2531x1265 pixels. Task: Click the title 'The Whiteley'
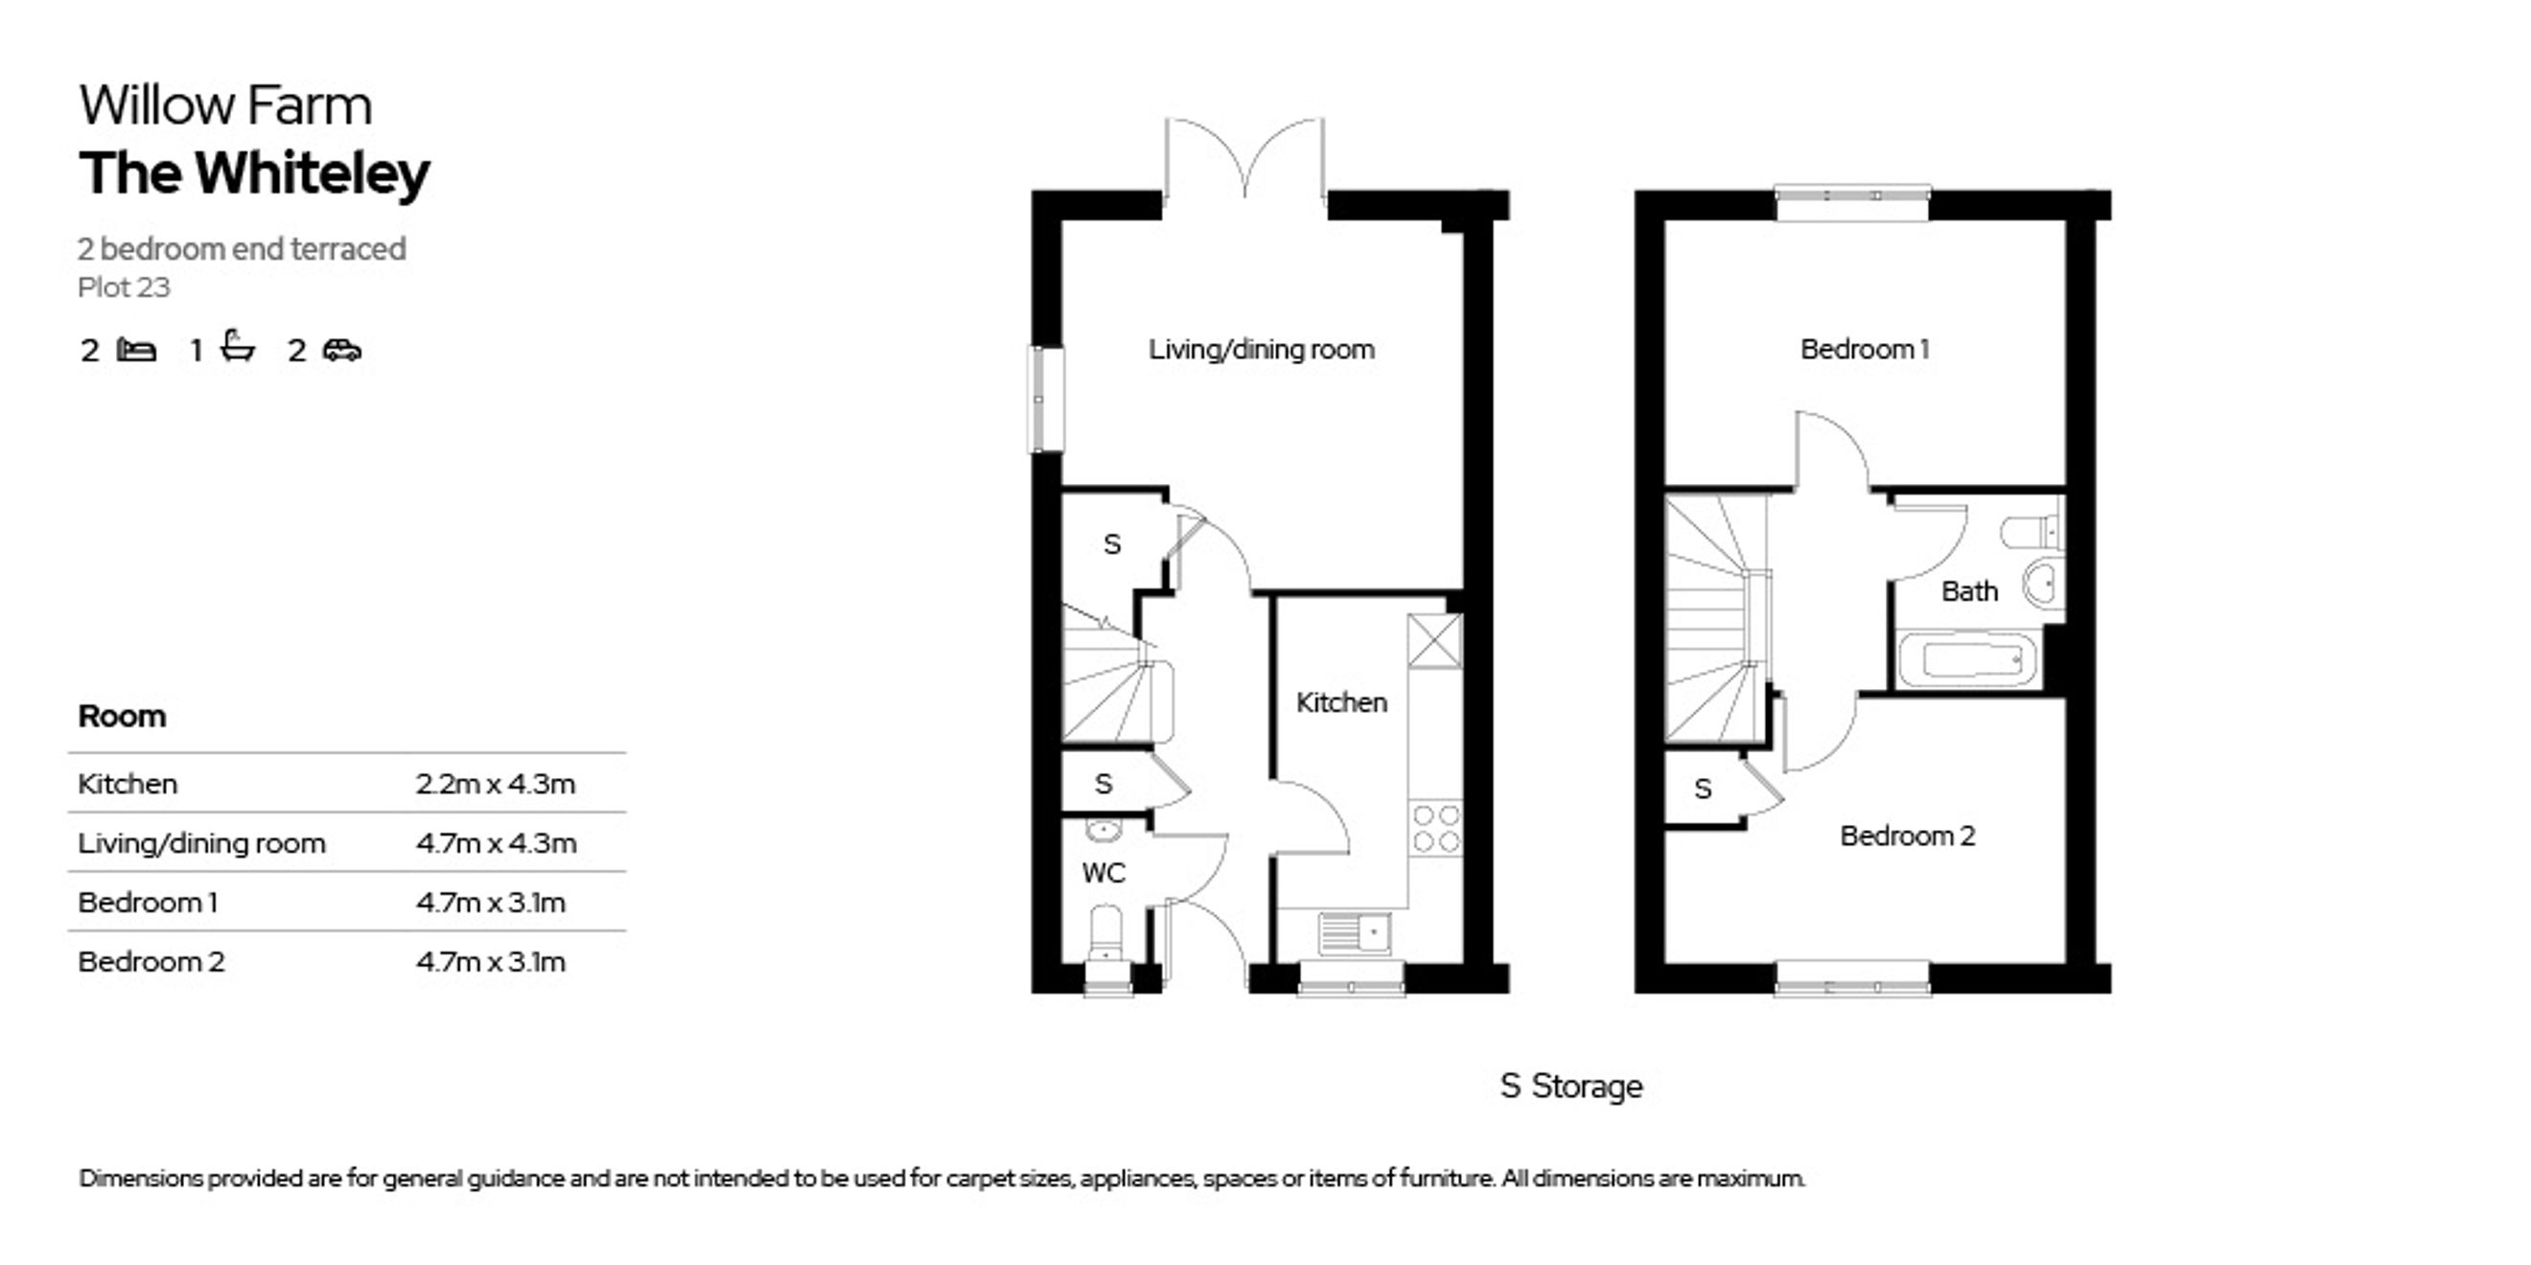point(254,173)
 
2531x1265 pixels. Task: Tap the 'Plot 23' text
point(124,287)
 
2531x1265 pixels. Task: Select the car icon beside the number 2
point(342,350)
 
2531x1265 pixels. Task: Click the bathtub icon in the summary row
point(238,347)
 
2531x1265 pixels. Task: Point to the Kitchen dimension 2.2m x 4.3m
point(496,784)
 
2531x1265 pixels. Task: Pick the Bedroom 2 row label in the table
point(151,960)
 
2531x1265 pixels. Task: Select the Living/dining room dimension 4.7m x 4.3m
point(497,842)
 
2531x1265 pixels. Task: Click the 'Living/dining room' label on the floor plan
point(1262,350)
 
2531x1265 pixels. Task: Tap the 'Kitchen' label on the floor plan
point(1341,702)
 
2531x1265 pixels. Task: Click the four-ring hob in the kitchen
point(1435,828)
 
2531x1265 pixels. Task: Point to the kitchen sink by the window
point(1354,932)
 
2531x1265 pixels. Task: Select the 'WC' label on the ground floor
point(1103,873)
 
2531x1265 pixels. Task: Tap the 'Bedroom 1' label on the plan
point(1865,350)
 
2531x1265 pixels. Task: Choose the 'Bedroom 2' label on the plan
point(1907,836)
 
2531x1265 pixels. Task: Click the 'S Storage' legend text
point(1571,1086)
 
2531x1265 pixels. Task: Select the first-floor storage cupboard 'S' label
point(1703,789)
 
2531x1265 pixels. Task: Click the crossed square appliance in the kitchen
point(1434,641)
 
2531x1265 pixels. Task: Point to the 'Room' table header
point(122,716)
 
